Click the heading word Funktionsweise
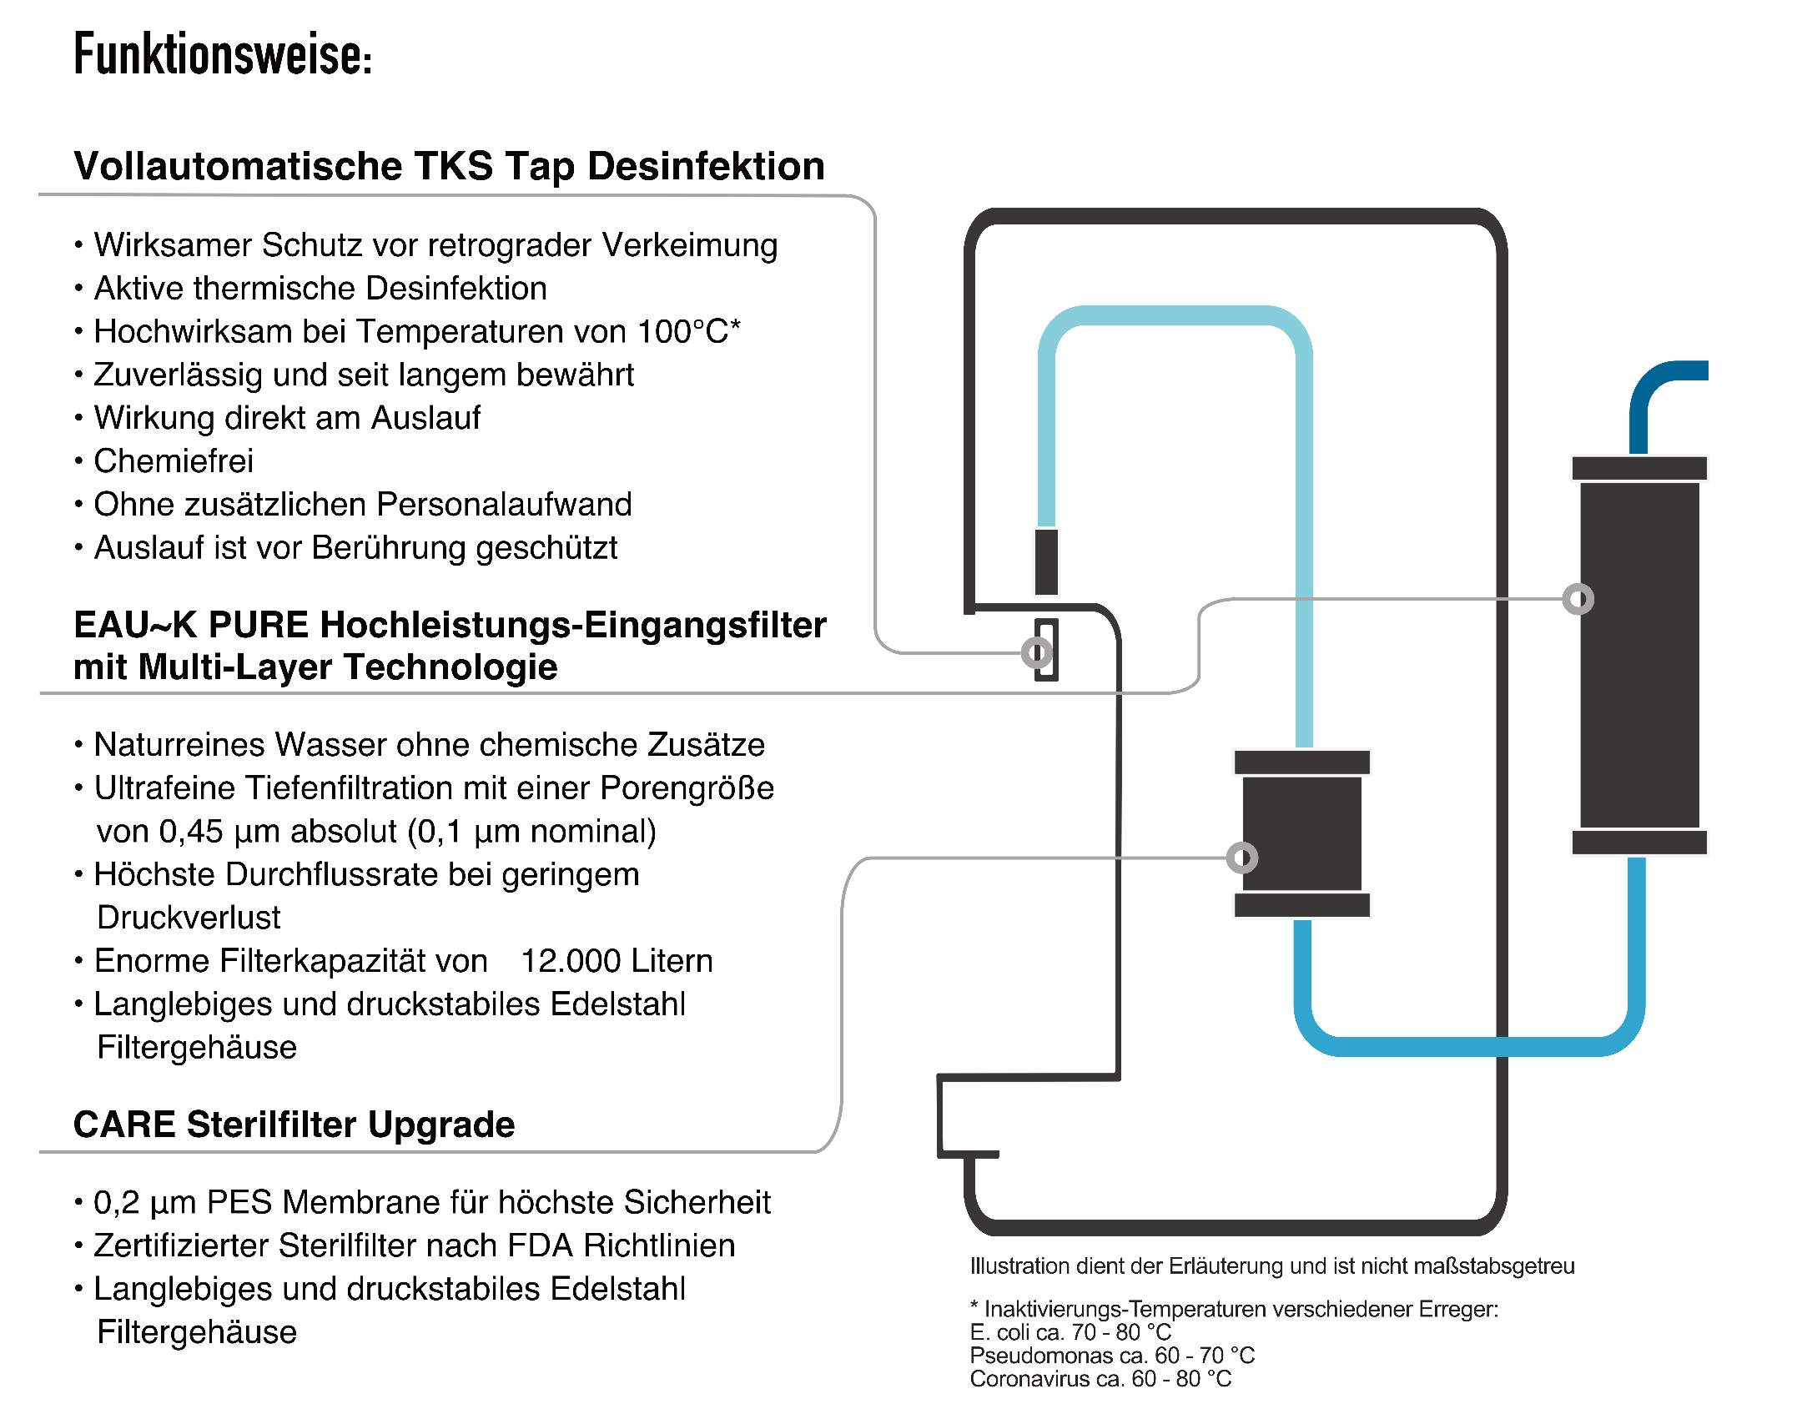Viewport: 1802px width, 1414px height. click(x=222, y=55)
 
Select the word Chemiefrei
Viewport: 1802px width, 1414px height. click(x=174, y=461)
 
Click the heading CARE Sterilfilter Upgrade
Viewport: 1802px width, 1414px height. click(x=294, y=1125)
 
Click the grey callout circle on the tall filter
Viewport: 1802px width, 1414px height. click(x=1578, y=599)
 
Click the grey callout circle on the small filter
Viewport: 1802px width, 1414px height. click(x=1241, y=858)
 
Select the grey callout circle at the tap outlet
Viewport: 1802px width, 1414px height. click(x=1037, y=652)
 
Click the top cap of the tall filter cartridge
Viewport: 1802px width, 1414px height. click(x=1638, y=469)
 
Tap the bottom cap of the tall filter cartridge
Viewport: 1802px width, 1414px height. click(x=1638, y=842)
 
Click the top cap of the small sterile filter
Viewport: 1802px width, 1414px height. click(x=1301, y=762)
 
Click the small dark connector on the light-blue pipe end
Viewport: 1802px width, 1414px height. click(x=1046, y=561)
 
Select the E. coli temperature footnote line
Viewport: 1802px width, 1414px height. click(x=1070, y=1332)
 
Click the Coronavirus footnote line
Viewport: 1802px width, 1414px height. click(x=1100, y=1379)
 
